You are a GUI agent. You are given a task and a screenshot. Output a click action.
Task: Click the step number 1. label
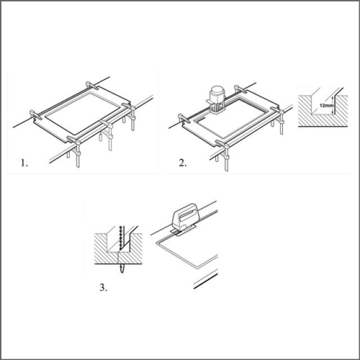point(24,163)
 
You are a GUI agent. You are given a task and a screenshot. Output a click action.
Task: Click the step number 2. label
point(183,163)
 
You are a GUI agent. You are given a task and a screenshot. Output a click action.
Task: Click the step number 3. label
point(103,287)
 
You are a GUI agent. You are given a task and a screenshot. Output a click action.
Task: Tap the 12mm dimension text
point(326,106)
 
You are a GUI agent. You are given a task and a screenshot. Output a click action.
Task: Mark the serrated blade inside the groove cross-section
point(120,238)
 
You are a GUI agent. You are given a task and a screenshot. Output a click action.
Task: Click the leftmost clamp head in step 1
point(36,115)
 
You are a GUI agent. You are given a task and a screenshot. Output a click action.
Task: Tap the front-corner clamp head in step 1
point(74,140)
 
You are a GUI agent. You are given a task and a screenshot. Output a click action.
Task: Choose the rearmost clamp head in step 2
point(240,89)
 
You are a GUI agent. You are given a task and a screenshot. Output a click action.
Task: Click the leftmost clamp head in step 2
point(184,118)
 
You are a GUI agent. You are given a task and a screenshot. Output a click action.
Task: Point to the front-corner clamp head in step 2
point(222,144)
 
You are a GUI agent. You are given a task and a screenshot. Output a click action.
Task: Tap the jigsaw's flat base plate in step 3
point(183,231)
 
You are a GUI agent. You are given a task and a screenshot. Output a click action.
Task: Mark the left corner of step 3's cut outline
point(157,242)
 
